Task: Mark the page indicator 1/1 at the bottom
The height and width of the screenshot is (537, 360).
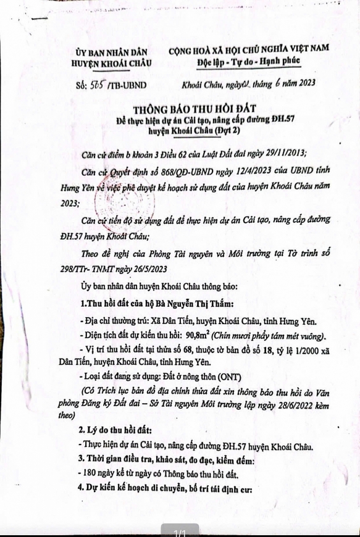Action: pyautogui.click(x=180, y=531)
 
